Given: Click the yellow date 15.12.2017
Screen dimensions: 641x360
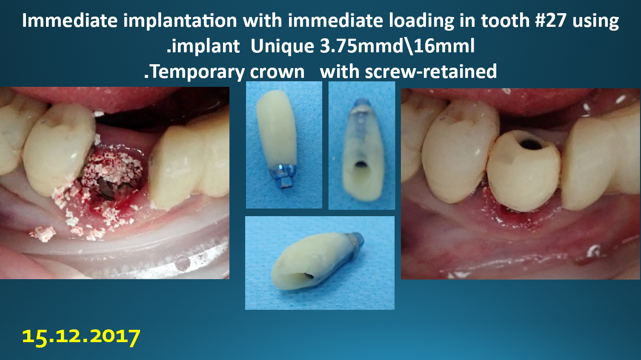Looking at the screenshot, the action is [x=81, y=337].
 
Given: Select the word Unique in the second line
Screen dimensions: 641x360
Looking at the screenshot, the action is [x=283, y=46].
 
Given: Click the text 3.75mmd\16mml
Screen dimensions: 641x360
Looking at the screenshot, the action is [x=397, y=46].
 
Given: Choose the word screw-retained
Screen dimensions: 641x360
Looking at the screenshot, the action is [x=431, y=71].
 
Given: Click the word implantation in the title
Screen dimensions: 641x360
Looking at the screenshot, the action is [x=180, y=20].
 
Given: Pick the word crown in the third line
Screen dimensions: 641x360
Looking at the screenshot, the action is [x=277, y=72].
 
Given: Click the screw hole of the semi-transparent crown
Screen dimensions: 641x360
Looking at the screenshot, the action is [x=361, y=165].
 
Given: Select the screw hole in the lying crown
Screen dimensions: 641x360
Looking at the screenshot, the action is [x=309, y=276].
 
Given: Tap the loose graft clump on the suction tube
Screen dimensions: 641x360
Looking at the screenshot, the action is [x=43, y=234].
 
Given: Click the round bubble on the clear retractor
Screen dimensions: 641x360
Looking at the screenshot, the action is [x=182, y=263].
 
